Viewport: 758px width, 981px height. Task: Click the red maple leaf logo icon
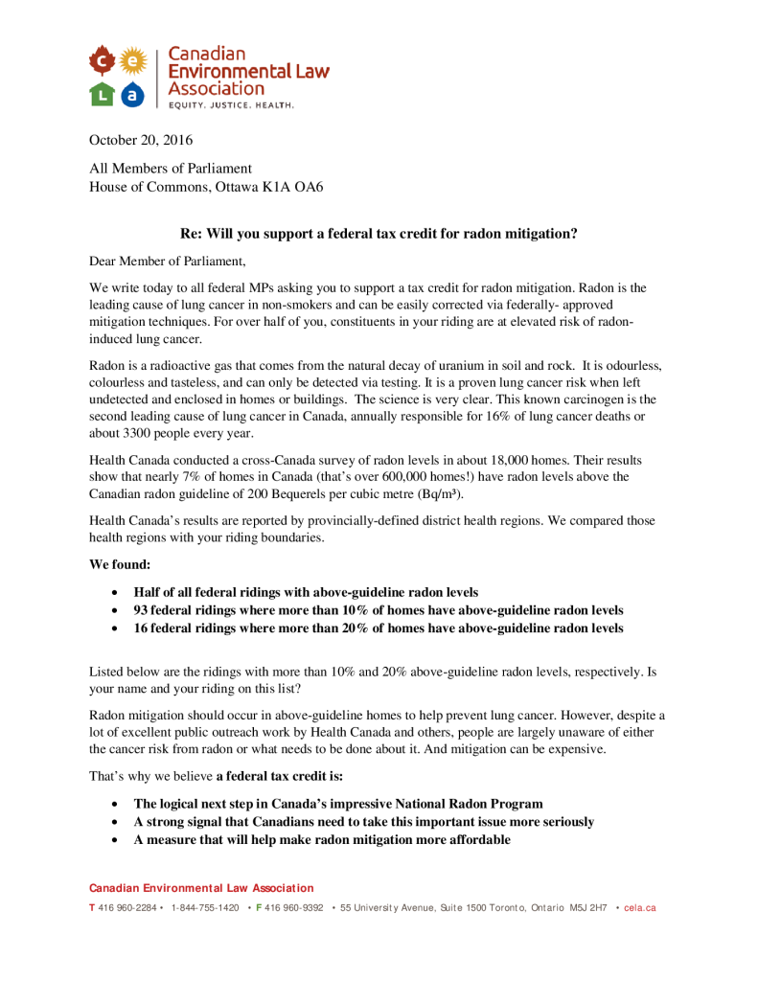tap(103, 61)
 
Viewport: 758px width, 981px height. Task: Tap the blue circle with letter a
tap(134, 94)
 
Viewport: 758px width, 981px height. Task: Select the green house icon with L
tap(103, 94)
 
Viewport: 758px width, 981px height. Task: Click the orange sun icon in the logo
tap(134, 61)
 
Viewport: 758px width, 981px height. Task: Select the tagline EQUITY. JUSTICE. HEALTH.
tap(231, 104)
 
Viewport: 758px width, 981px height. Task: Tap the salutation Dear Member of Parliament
tap(168, 261)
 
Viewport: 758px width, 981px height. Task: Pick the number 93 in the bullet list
tap(141, 610)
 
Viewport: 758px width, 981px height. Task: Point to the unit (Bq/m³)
tap(441, 494)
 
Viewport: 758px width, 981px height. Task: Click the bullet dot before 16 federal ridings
tap(115, 629)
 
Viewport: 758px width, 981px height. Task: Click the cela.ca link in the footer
tap(639, 907)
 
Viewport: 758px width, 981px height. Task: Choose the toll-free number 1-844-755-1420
tap(205, 907)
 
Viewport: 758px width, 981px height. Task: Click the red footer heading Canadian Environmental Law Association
tap(201, 889)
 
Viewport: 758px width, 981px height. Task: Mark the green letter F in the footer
tap(258, 907)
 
